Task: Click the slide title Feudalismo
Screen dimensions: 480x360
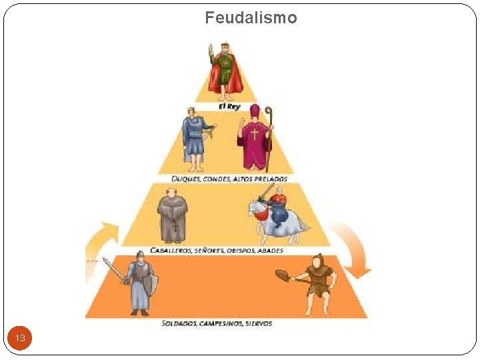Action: pos(251,17)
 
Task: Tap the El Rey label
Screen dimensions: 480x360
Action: pos(229,107)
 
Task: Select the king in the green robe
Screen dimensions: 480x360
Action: pos(225,69)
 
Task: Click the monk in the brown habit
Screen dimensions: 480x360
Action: pos(172,215)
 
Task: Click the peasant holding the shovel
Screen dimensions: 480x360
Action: pos(313,284)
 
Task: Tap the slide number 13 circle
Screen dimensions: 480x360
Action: pos(20,338)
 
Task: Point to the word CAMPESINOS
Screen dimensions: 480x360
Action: pos(220,323)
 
